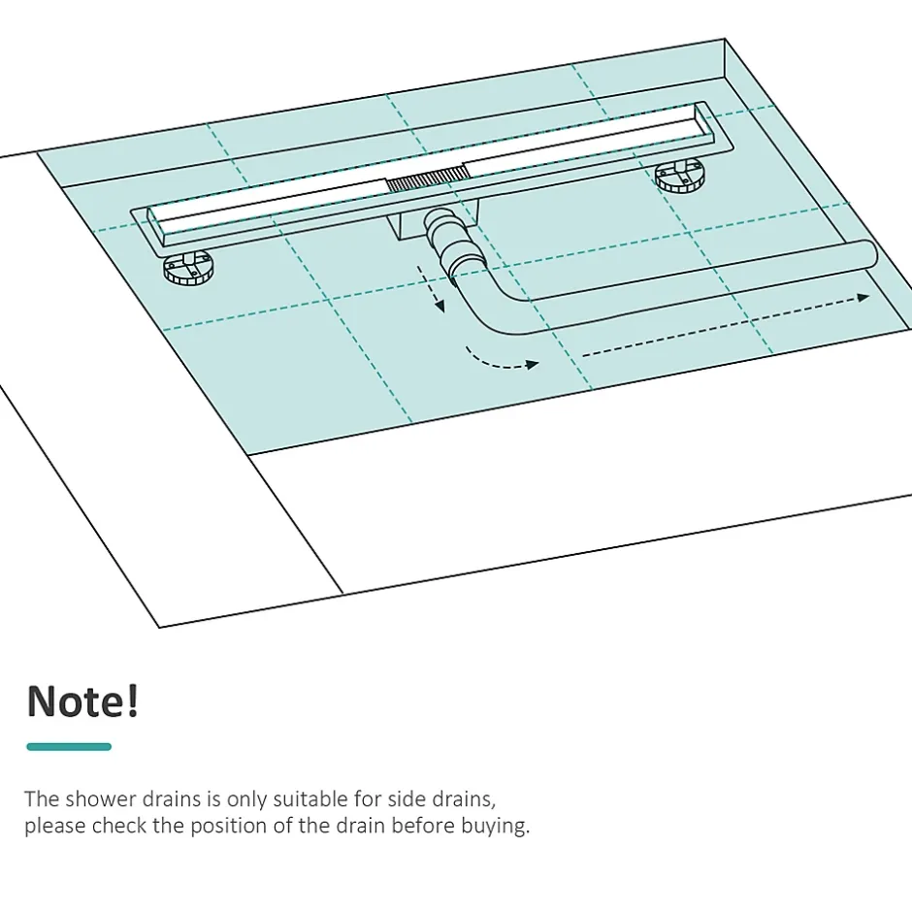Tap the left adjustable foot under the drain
click(188, 268)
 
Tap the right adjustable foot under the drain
click(679, 176)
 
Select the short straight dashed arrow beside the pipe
click(431, 289)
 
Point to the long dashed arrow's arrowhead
click(863, 297)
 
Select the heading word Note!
click(83, 700)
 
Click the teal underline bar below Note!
click(69, 747)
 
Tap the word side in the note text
click(406, 799)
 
